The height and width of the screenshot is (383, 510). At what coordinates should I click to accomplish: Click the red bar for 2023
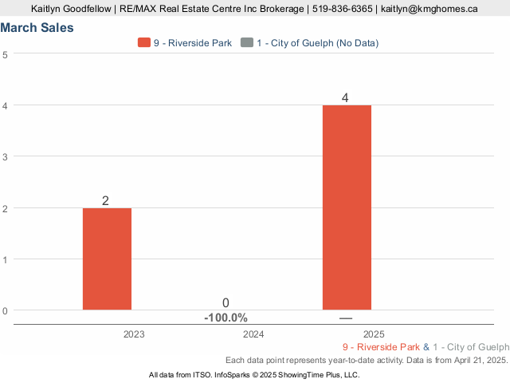(107, 259)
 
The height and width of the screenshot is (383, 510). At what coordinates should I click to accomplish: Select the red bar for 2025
(347, 207)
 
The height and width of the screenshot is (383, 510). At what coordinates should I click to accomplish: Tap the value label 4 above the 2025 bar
(345, 98)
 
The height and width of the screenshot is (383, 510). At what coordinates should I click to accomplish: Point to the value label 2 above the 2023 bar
(105, 200)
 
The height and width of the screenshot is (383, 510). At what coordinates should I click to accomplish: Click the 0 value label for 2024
(226, 303)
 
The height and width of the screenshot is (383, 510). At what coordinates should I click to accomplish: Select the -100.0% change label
(226, 318)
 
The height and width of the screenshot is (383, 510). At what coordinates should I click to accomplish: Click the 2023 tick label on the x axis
(134, 334)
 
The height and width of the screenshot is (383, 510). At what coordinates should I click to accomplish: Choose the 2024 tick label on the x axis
(253, 334)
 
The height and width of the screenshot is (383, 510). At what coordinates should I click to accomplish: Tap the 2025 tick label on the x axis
(373, 334)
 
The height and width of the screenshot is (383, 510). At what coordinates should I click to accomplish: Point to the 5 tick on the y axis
(6, 54)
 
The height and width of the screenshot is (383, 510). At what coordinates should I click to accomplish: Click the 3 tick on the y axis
(6, 156)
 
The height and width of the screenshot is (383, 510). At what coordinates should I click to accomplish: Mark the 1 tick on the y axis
(6, 259)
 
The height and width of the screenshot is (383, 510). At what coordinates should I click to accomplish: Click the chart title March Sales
(37, 28)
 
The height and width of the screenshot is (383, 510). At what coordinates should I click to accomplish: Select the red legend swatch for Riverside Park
(144, 43)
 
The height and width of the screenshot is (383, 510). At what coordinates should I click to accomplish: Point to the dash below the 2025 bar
(345, 318)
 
